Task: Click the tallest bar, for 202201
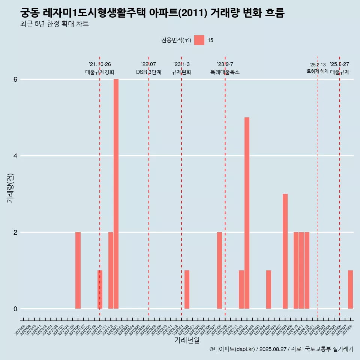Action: [x=116, y=194]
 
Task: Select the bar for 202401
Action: [x=247, y=213]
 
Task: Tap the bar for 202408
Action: [x=285, y=251]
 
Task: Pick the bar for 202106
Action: [x=78, y=270]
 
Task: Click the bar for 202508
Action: [x=350, y=289]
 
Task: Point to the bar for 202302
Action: [x=187, y=289]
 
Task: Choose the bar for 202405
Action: [x=268, y=289]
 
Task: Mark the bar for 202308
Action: [x=219, y=270]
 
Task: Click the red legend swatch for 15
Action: [x=199, y=40]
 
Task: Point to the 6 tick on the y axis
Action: [x=15, y=79]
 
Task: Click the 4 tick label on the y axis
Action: [x=15, y=156]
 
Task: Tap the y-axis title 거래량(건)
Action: [x=10, y=187]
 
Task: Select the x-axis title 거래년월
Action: [x=187, y=340]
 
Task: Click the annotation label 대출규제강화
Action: [x=100, y=72]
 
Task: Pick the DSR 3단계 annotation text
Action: [x=148, y=72]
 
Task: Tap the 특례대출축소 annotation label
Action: [x=225, y=72]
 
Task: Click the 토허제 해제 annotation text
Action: [x=317, y=71]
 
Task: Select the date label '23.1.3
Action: [x=181, y=64]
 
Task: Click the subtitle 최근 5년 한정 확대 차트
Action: [x=55, y=24]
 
